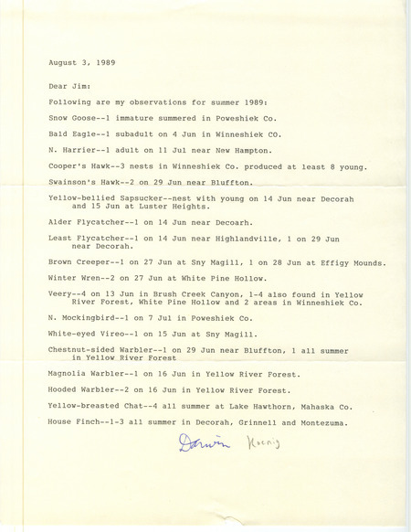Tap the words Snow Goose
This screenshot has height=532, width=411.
click(69, 116)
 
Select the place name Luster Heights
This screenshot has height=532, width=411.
click(168, 208)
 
